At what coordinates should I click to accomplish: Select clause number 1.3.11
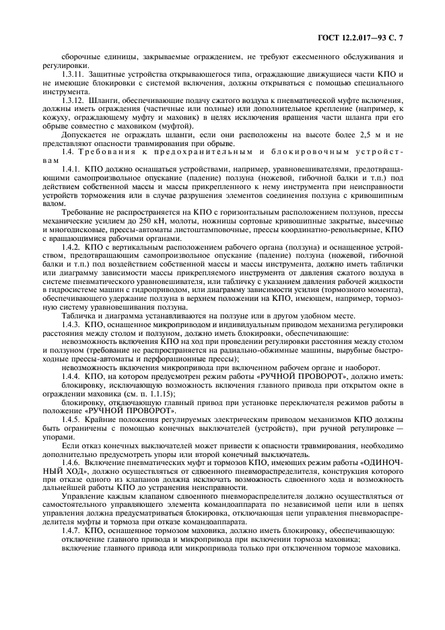tap(74, 74)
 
